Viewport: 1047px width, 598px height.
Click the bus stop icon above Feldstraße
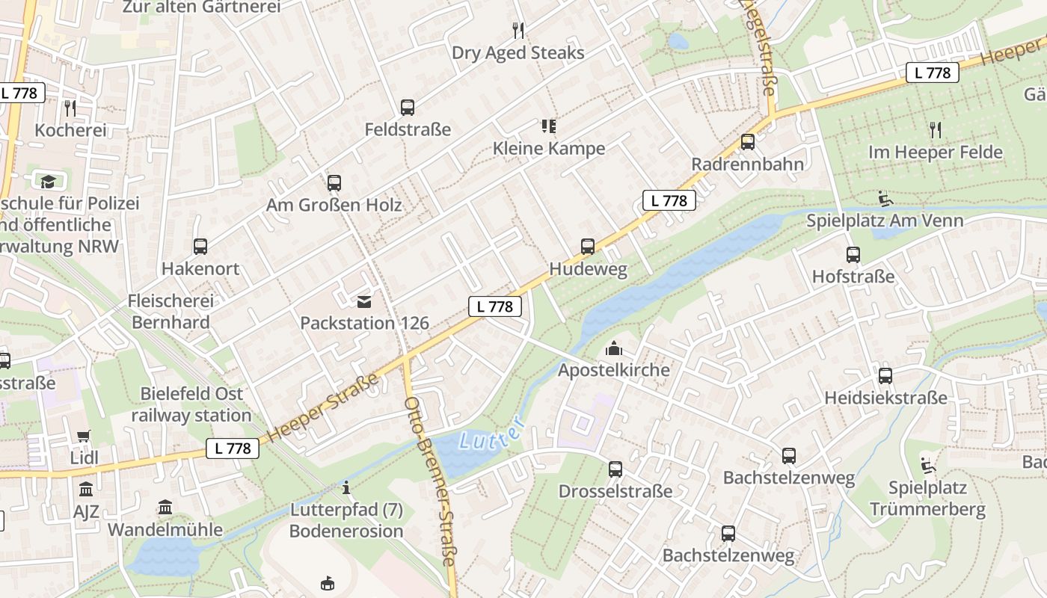pyautogui.click(x=407, y=108)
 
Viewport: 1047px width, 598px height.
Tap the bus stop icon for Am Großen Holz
pyautogui.click(x=334, y=183)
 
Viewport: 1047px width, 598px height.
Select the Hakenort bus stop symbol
pyautogui.click(x=200, y=247)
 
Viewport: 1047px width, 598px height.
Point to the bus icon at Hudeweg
pyautogui.click(x=588, y=247)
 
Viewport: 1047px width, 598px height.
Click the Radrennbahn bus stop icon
pyautogui.click(x=747, y=142)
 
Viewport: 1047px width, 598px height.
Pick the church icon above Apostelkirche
pyautogui.click(x=613, y=348)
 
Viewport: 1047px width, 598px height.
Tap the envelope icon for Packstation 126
pyautogui.click(x=364, y=302)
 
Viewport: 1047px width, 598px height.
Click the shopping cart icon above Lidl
pyautogui.click(x=84, y=436)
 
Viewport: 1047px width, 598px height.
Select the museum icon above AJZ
pyautogui.click(x=86, y=490)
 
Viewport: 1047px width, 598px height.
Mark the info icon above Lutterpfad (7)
pyautogui.click(x=346, y=489)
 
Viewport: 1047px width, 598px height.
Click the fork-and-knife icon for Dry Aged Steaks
pyautogui.click(x=518, y=31)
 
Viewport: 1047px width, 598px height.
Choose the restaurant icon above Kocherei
pyautogui.click(x=70, y=108)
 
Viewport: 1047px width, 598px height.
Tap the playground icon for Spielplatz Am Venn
pyautogui.click(x=885, y=199)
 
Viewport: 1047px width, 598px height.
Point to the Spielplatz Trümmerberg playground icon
pyautogui.click(x=927, y=466)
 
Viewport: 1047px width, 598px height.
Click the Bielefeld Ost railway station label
pyautogui.click(x=191, y=404)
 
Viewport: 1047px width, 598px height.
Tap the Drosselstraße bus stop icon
pyautogui.click(x=615, y=469)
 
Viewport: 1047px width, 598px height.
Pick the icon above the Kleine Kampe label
pyautogui.click(x=548, y=126)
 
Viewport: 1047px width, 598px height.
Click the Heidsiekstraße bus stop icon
pyautogui.click(x=885, y=376)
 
